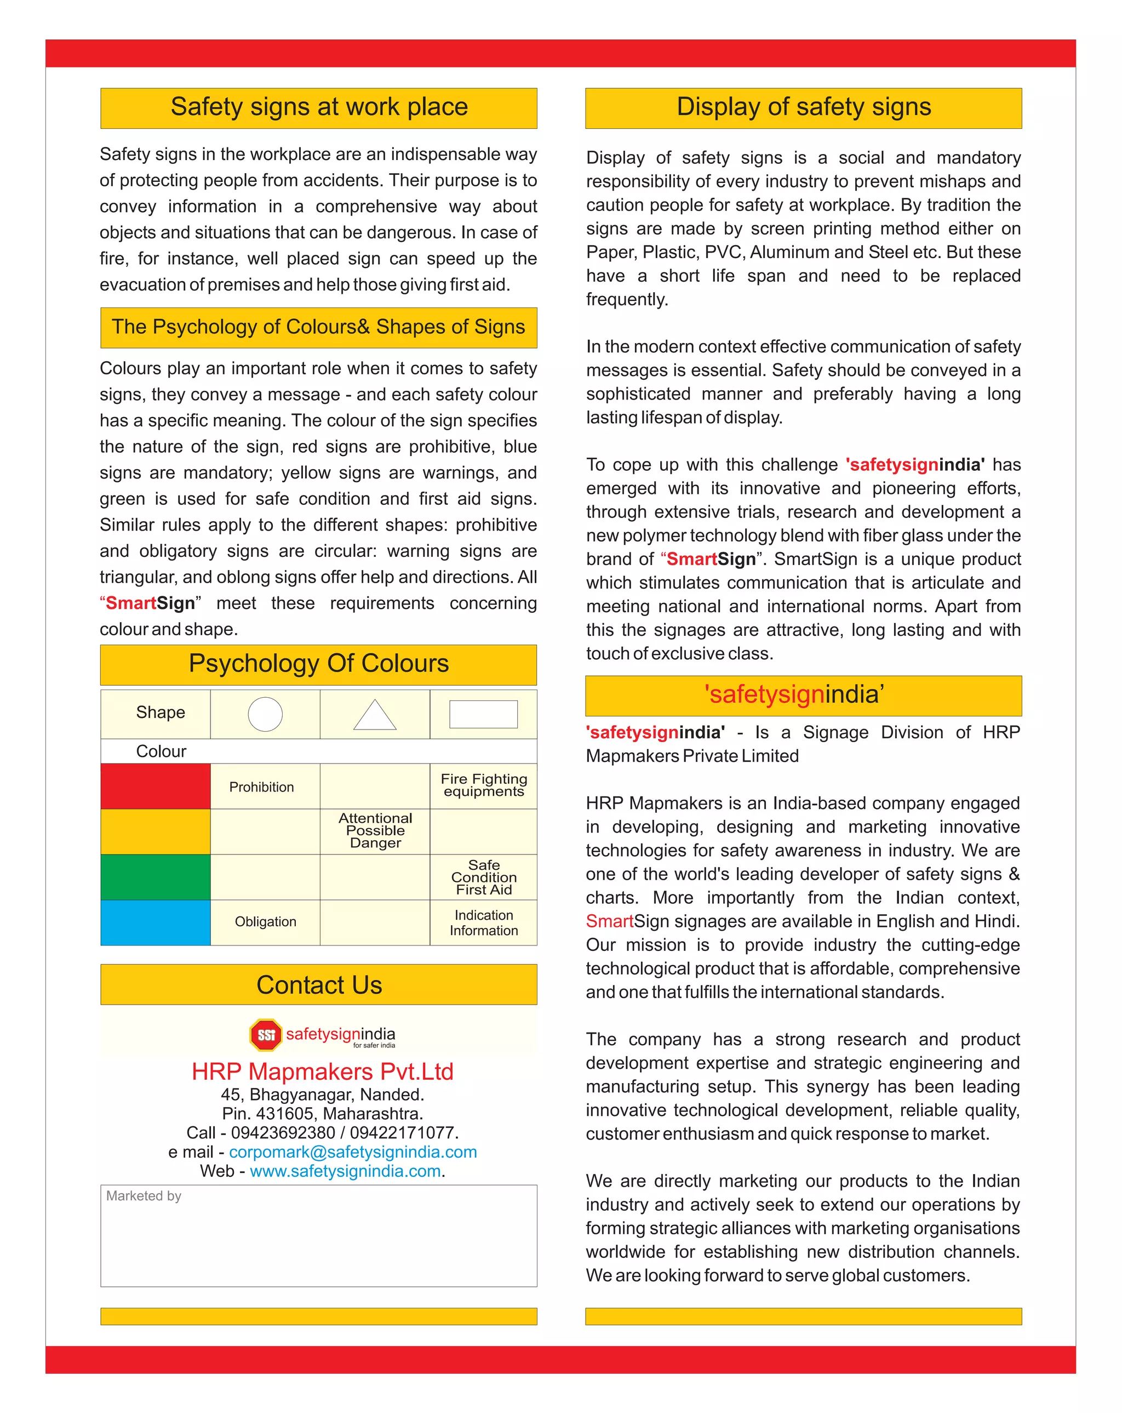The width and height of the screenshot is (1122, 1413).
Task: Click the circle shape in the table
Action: pos(265,714)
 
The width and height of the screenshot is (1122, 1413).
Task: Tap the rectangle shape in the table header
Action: pos(483,714)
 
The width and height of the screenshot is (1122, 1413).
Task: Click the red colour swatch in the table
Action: pos(155,786)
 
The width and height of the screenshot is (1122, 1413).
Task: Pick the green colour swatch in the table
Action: pos(155,877)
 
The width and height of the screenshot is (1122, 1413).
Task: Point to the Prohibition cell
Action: pos(261,787)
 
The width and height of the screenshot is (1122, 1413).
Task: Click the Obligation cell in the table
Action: pos(265,921)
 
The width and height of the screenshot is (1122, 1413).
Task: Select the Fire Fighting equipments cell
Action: pos(483,785)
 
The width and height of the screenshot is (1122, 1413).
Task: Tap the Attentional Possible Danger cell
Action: pos(375,830)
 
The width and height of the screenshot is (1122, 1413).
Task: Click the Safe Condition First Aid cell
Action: pos(483,877)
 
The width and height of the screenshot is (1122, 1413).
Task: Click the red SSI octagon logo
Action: pos(266,1035)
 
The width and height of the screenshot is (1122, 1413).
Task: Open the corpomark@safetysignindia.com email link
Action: pos(352,1152)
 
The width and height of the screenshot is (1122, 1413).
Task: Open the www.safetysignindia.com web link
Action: pos(345,1171)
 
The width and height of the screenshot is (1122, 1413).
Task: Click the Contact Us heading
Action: pos(319,985)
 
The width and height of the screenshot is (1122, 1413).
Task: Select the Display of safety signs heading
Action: pos(803,107)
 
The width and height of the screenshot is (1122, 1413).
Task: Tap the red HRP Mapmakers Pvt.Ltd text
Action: pos(322,1072)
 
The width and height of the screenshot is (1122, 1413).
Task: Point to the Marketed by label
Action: pos(144,1196)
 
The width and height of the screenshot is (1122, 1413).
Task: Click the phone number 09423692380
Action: pos(283,1132)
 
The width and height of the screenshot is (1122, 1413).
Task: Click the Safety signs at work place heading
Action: pos(319,107)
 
